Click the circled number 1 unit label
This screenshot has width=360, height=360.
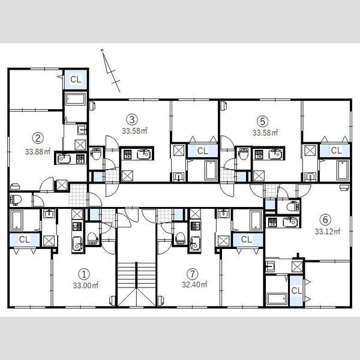pos(84,274)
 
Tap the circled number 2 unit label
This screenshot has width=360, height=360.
pos(38,138)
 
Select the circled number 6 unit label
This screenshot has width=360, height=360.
pos(325,220)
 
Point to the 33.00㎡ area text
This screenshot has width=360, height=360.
pos(86,286)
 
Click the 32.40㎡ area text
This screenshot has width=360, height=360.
pos(194,284)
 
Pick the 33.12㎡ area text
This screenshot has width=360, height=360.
pos(328,231)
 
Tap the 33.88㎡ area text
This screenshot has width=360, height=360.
pos(38,152)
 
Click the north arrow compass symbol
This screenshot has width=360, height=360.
pos(111,70)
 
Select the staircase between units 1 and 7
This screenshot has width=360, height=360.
pos(137,284)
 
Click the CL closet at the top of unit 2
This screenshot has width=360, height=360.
pos(76,79)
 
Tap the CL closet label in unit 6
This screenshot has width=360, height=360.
pos(296,291)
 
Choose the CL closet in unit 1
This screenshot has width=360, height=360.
pos(25,239)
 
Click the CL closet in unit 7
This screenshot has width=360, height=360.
pos(247,239)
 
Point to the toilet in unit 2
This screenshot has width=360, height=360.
pos(16,200)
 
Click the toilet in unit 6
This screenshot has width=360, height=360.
pos(293,206)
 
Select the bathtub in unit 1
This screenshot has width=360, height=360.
pos(17,220)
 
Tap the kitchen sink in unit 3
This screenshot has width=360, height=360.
pos(143,154)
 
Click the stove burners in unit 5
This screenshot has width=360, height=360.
pos(259,155)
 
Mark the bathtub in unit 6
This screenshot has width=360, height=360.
pos(277,298)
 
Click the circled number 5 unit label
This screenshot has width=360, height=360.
pos(263,121)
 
